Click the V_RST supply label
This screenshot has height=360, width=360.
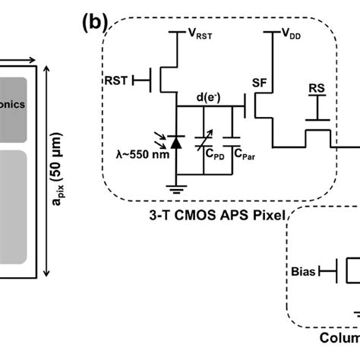[x=204, y=34]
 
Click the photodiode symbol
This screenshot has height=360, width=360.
[x=177, y=140]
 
